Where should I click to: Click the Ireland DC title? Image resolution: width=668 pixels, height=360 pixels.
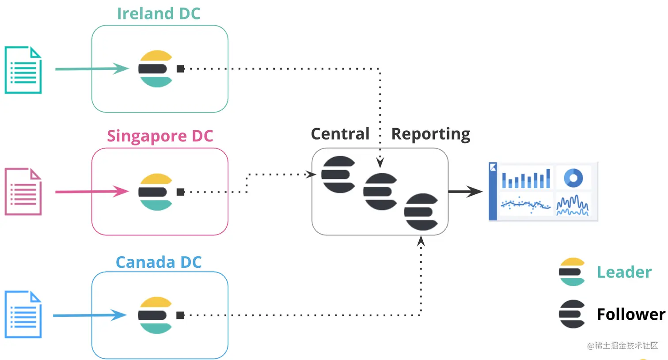point(159,14)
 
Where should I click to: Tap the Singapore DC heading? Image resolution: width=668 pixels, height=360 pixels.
point(160,136)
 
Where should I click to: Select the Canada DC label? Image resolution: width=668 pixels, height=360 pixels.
point(159,262)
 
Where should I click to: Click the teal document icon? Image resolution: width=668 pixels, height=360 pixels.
point(23,70)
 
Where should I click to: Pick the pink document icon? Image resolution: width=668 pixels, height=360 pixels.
point(23,192)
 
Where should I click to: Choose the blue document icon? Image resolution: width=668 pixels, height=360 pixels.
point(23,315)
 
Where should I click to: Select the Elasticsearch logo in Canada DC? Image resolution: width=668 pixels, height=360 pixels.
point(155,315)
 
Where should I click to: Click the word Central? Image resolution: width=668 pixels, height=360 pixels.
point(340,134)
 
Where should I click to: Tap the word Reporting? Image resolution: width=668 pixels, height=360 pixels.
point(431,134)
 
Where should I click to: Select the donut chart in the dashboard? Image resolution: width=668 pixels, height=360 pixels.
point(573,178)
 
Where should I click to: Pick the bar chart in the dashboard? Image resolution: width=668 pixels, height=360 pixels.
point(526,178)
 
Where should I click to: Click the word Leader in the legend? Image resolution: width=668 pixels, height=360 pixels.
point(624,272)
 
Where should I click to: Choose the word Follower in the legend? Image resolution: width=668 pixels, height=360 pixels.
point(631,315)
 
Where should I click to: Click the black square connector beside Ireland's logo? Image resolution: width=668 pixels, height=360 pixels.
point(180,69)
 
